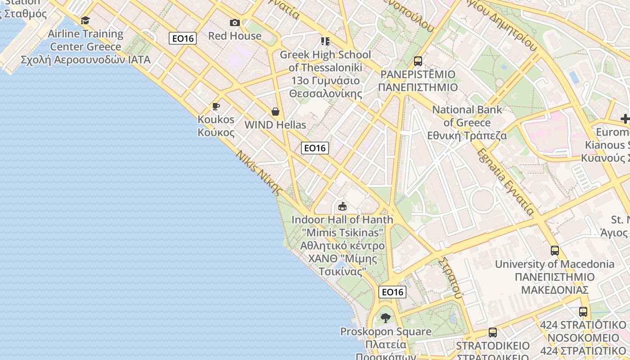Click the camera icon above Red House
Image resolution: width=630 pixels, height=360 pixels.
click(234, 22)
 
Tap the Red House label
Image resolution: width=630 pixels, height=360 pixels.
click(234, 36)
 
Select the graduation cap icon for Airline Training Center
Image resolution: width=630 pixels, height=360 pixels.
click(85, 20)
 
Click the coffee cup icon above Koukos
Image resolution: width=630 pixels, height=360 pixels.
click(216, 107)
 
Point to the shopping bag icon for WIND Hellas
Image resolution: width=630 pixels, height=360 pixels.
click(275, 112)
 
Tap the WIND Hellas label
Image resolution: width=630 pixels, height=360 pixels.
click(275, 125)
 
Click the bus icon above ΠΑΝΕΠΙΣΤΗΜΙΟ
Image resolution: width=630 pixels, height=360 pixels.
click(418, 61)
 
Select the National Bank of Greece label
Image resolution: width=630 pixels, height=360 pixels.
click(467, 122)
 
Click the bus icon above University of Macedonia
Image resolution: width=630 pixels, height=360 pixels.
click(555, 251)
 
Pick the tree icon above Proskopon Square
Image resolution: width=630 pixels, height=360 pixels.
click(386, 318)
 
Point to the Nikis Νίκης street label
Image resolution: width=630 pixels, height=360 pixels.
click(259, 172)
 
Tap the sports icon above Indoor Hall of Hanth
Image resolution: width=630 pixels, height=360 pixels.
click(342, 207)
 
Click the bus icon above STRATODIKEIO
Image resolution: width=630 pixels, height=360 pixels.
click(493, 333)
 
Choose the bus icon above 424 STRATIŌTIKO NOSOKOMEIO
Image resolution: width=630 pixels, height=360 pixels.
click(583, 311)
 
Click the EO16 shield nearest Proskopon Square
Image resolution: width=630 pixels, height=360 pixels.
click(392, 292)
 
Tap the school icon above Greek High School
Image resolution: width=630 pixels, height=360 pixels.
click(325, 41)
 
